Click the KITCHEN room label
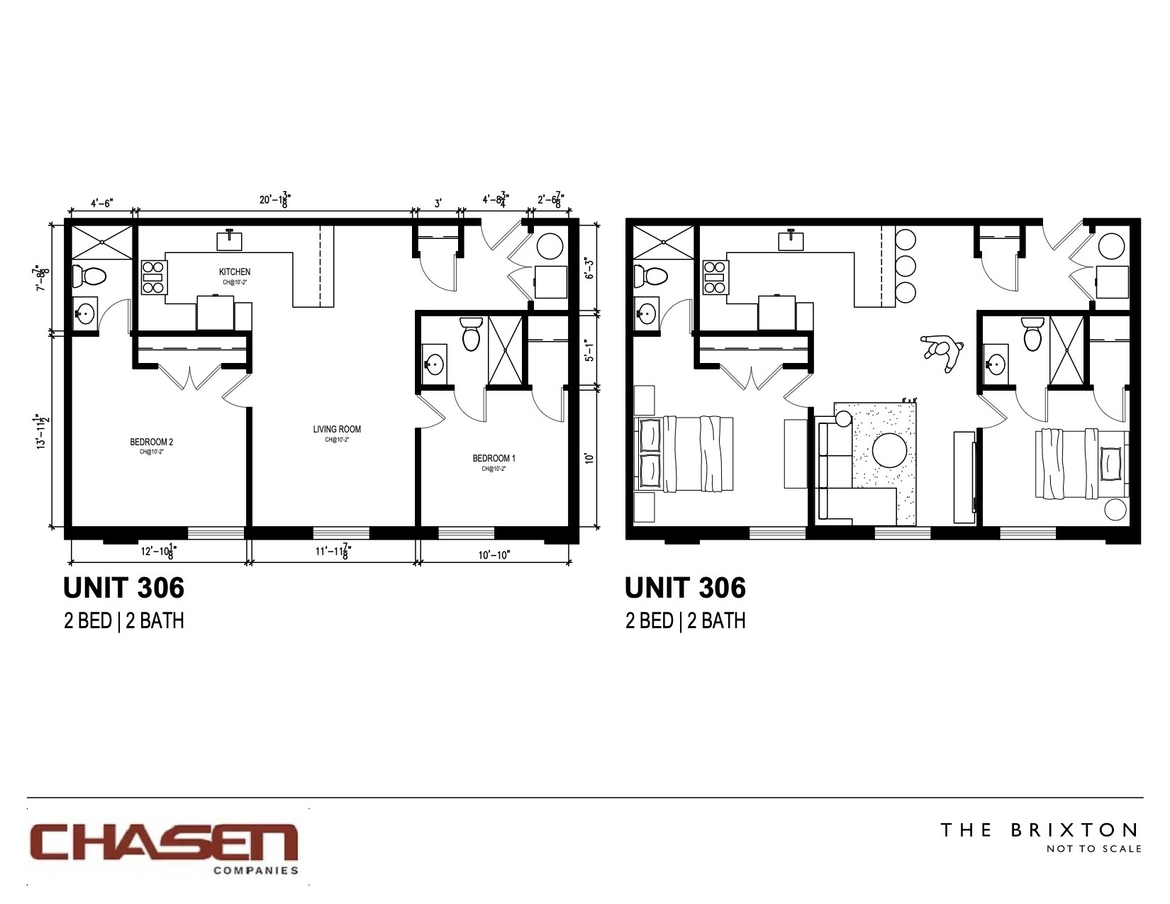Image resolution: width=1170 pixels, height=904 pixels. click(x=234, y=272)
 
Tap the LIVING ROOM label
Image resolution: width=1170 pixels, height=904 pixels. click(x=337, y=429)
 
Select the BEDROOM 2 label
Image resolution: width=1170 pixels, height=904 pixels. click(x=152, y=442)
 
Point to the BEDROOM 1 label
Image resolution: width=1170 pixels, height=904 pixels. click(x=494, y=458)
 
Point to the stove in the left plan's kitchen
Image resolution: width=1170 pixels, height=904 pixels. click(x=153, y=277)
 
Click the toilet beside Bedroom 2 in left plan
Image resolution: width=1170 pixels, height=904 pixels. click(x=89, y=274)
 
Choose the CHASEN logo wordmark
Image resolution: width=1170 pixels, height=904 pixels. click(x=162, y=842)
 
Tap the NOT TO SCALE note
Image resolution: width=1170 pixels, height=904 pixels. click(x=1094, y=849)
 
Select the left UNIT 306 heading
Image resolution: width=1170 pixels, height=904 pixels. click(x=124, y=588)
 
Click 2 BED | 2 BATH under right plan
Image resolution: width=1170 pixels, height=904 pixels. click(x=685, y=621)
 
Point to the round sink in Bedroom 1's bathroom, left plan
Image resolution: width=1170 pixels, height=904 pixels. click(x=433, y=365)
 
